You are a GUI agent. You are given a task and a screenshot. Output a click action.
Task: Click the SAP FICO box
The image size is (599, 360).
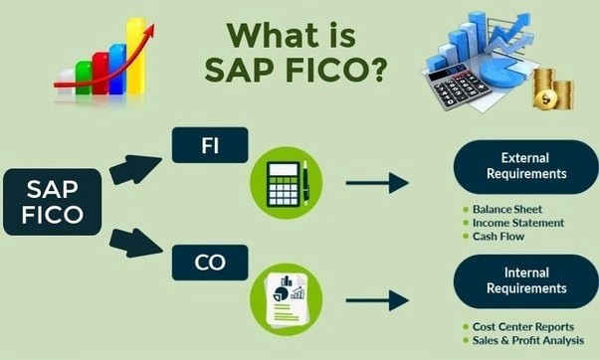coord(51,202)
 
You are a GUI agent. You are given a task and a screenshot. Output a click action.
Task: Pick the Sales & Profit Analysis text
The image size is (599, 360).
coord(530,341)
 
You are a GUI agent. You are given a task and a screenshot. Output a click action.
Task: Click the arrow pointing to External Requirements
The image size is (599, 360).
coord(377,182)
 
